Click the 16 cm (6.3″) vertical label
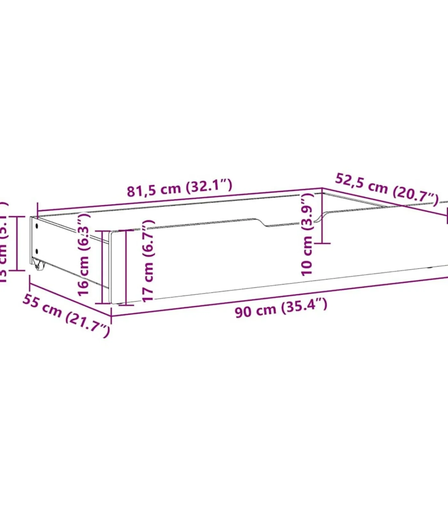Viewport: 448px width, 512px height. (x=84, y=254)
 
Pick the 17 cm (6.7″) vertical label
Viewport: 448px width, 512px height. (x=148, y=260)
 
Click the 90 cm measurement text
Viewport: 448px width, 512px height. (x=255, y=311)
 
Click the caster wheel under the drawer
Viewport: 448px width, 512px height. (x=38, y=265)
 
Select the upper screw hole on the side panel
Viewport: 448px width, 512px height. (x=37, y=226)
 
